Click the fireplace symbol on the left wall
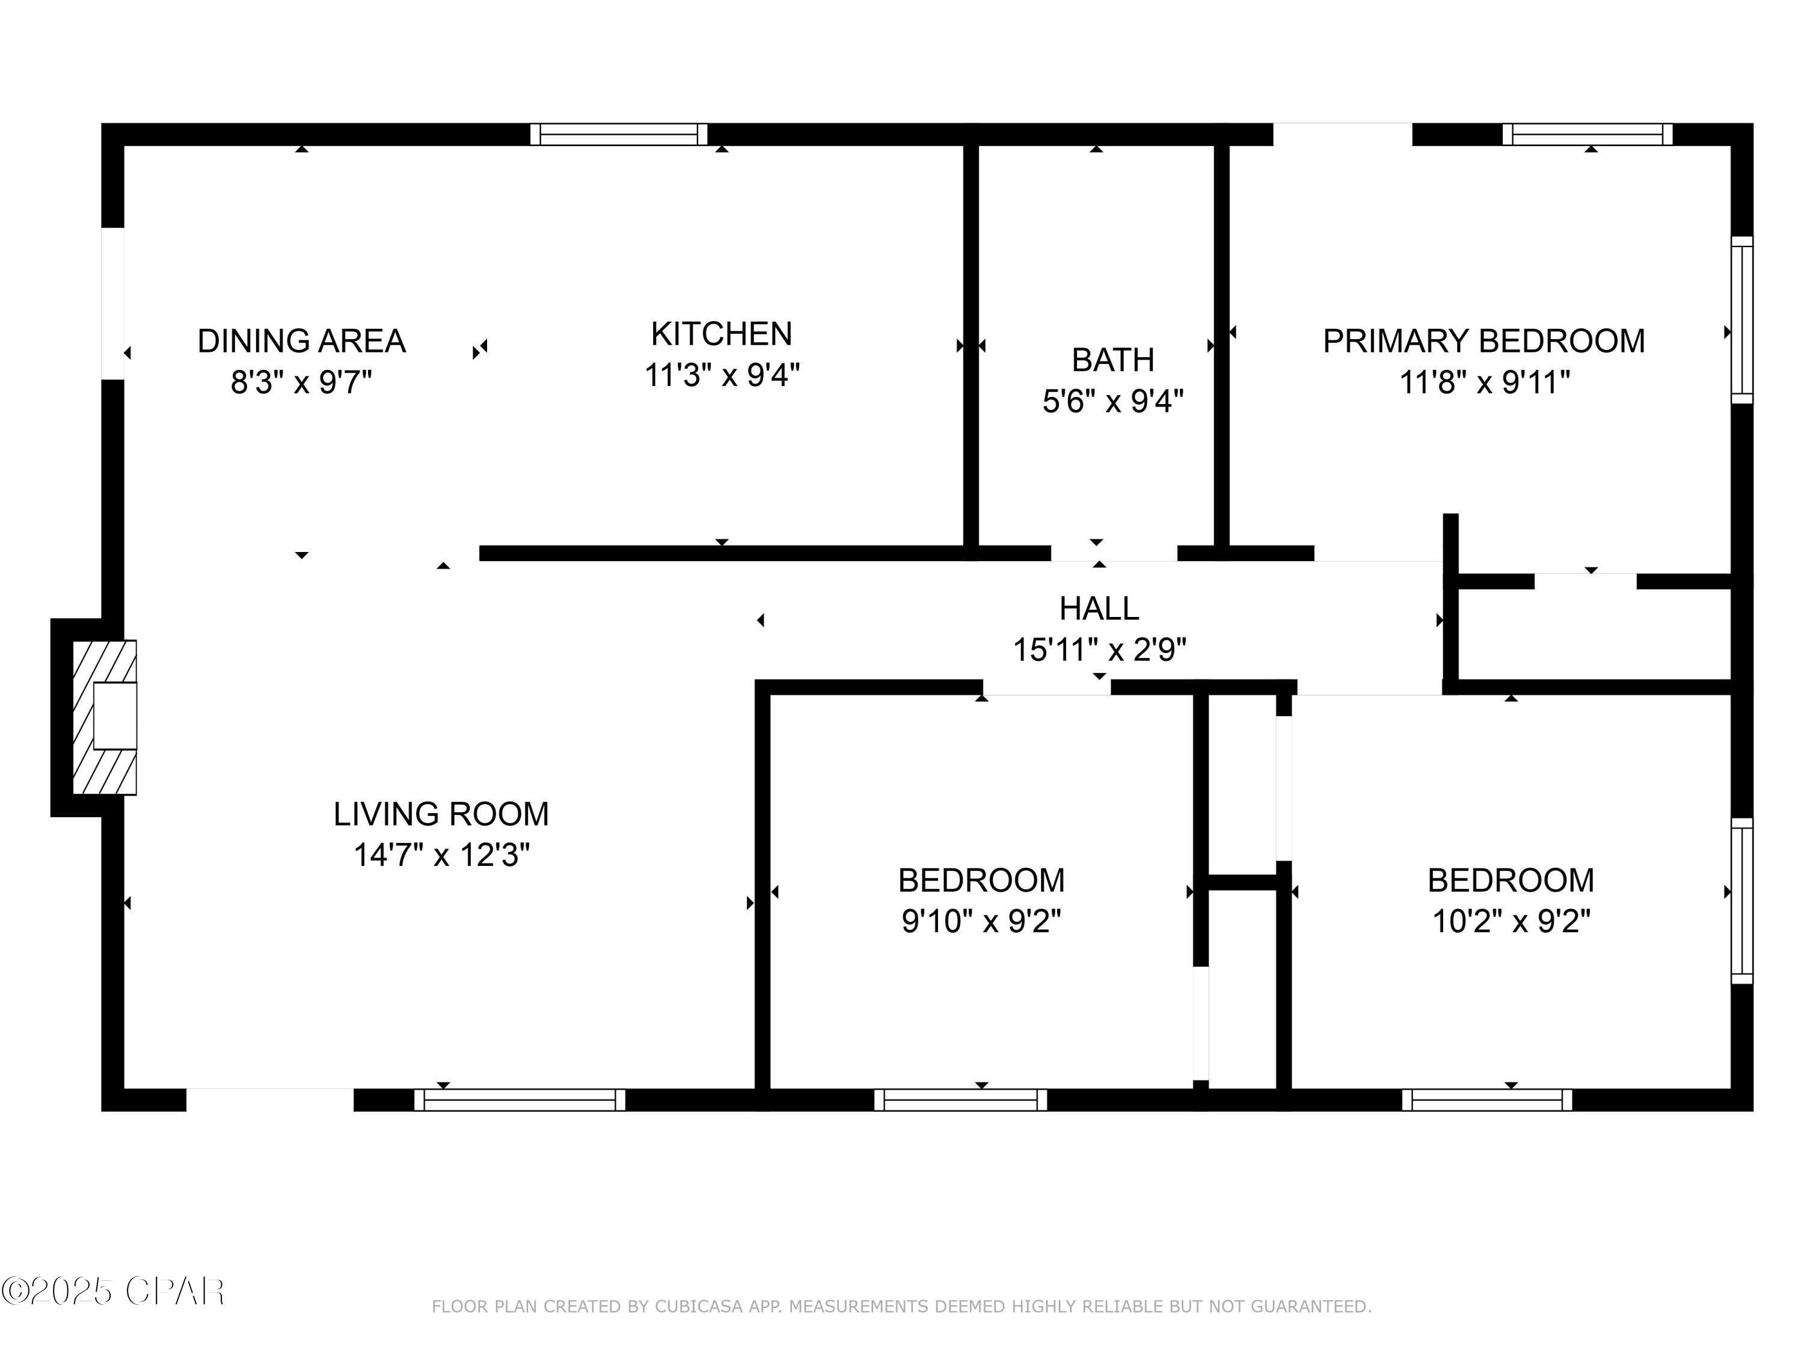point(105,717)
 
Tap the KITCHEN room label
point(721,334)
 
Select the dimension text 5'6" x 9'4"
point(1112,401)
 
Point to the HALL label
point(1099,609)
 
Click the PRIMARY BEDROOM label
point(1483,341)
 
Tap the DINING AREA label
point(301,341)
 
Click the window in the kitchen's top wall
point(619,135)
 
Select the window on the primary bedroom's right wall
point(1742,320)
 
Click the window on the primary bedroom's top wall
point(1587,135)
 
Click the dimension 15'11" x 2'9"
point(1099,650)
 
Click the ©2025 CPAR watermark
point(112,1292)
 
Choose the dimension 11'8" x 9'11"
point(1483,382)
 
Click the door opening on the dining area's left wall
point(112,304)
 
